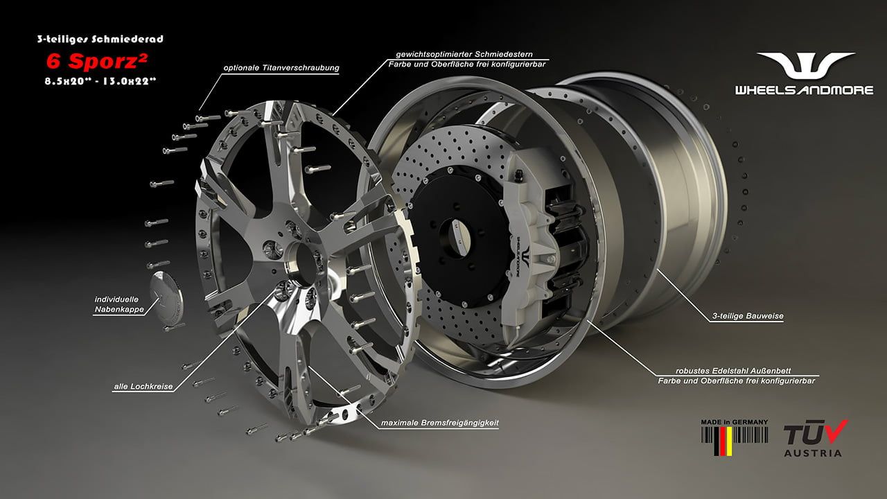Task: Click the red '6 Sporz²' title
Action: pyautogui.click(x=97, y=61)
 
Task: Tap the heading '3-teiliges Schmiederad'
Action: pyautogui.click(x=100, y=39)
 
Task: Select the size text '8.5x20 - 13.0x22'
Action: pyautogui.click(x=100, y=81)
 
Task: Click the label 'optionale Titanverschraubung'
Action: pyautogui.click(x=281, y=68)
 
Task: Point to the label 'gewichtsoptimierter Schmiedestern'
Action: pyautogui.click(x=464, y=54)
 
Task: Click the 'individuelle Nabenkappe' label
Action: pyautogui.click(x=118, y=304)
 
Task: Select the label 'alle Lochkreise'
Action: pyautogui.click(x=143, y=386)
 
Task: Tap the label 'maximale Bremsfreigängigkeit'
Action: pyautogui.click(x=439, y=423)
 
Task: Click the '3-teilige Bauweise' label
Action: pyautogui.click(x=748, y=316)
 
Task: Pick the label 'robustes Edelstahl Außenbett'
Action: pyautogui.click(x=733, y=371)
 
